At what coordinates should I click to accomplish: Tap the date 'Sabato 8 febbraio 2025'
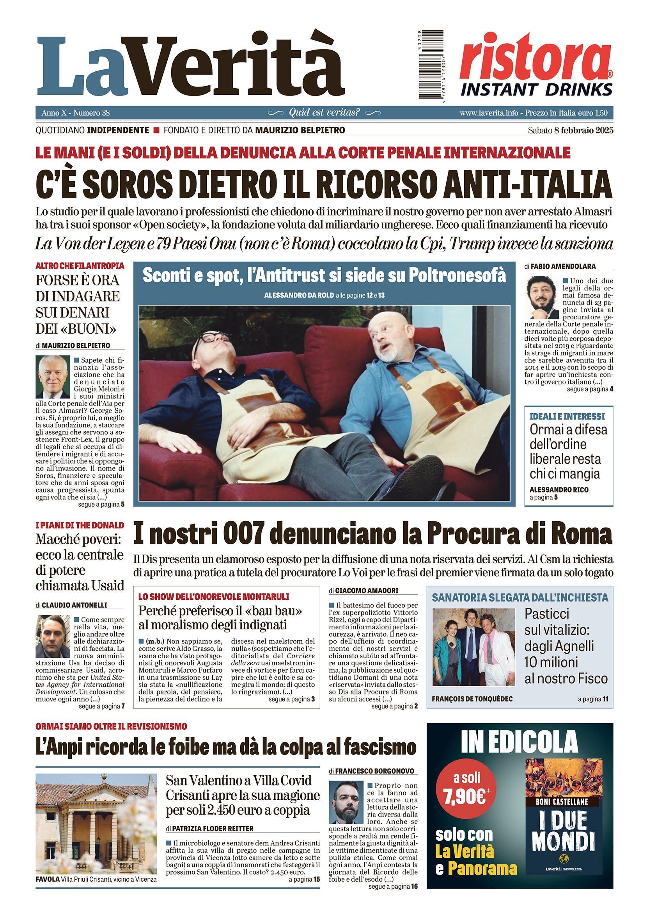[570, 130]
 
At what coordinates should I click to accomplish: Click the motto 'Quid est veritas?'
[324, 113]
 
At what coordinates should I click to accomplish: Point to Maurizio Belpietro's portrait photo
[53, 376]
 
